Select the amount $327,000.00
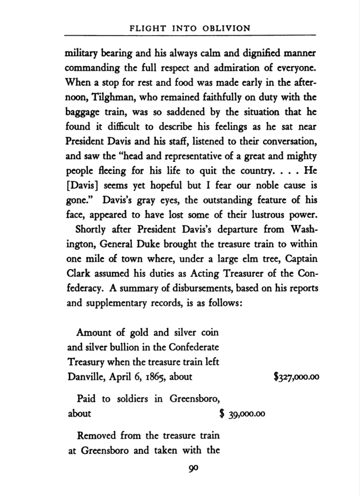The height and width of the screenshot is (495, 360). (x=296, y=377)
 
